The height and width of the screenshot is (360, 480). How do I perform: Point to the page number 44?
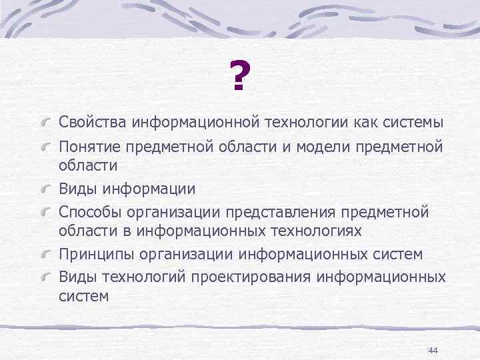click(x=432, y=351)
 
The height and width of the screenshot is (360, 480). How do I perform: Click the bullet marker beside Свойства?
click(x=45, y=123)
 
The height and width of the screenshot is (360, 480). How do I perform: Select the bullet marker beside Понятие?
click(x=45, y=147)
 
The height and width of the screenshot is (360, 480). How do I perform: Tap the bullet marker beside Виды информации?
click(x=45, y=189)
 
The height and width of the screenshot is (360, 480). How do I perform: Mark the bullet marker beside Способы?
click(x=45, y=213)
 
